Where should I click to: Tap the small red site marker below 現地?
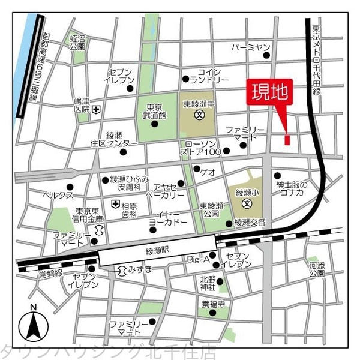coord(287,140)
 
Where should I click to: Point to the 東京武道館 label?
coord(154,110)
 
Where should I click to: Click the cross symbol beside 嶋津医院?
coord(95,109)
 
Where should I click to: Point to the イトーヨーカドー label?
coord(172,218)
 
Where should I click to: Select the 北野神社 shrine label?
coord(208,283)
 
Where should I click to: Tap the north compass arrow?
coord(34,326)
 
